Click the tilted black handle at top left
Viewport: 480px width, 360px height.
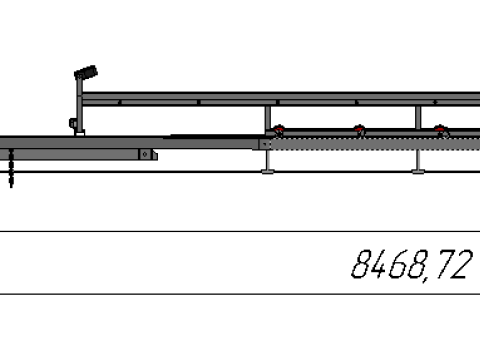click(86, 72)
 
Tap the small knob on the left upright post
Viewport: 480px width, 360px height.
click(73, 123)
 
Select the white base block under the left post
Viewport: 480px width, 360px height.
click(79, 133)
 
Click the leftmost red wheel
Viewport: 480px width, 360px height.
click(278, 131)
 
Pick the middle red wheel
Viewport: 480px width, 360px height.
click(359, 131)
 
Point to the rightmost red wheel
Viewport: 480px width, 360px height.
click(441, 131)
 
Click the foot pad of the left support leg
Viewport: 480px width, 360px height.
click(268, 172)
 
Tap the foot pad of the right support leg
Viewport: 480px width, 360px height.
click(418, 172)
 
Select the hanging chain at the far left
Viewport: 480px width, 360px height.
click(11, 168)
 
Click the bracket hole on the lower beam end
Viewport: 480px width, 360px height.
click(145, 154)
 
